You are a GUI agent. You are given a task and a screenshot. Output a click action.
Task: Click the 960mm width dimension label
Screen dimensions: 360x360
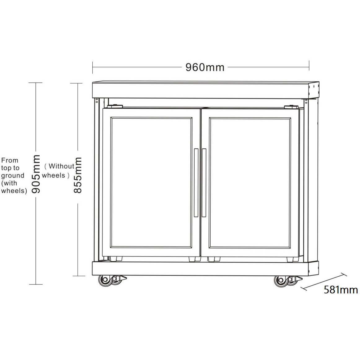(x=205, y=67)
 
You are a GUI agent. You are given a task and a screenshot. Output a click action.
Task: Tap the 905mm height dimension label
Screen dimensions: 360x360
(x=36, y=174)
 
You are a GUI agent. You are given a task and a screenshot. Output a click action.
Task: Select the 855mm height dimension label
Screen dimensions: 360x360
(x=78, y=175)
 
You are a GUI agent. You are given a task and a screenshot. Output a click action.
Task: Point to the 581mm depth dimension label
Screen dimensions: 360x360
(x=341, y=290)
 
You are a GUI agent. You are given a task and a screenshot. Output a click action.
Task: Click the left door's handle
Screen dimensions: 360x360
(x=196, y=183)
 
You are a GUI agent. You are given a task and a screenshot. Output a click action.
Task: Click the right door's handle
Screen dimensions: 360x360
(x=204, y=183)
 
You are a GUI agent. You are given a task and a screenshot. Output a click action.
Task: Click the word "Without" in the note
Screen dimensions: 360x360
(x=61, y=166)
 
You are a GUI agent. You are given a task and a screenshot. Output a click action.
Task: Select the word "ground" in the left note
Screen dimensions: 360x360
(x=13, y=176)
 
